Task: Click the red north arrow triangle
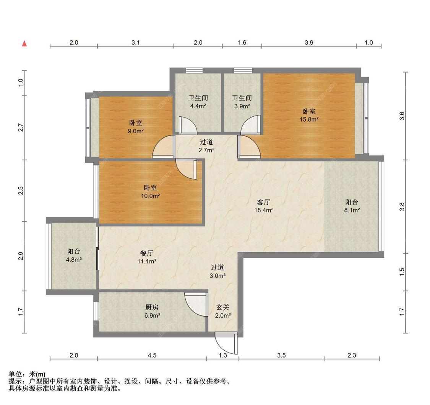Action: click(24, 43)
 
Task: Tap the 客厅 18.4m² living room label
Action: click(264, 206)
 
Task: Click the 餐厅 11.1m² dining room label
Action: click(147, 257)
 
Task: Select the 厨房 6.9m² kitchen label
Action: click(152, 311)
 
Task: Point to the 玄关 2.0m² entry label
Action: click(223, 311)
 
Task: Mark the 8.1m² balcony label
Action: click(352, 206)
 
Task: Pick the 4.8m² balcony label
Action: click(74, 255)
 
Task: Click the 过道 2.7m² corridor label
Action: click(206, 146)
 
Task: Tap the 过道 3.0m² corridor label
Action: click(217, 271)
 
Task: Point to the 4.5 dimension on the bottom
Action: click(152, 355)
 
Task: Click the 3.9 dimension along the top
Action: click(309, 42)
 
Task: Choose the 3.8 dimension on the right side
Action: click(401, 207)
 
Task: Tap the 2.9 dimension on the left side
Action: click(21, 256)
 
